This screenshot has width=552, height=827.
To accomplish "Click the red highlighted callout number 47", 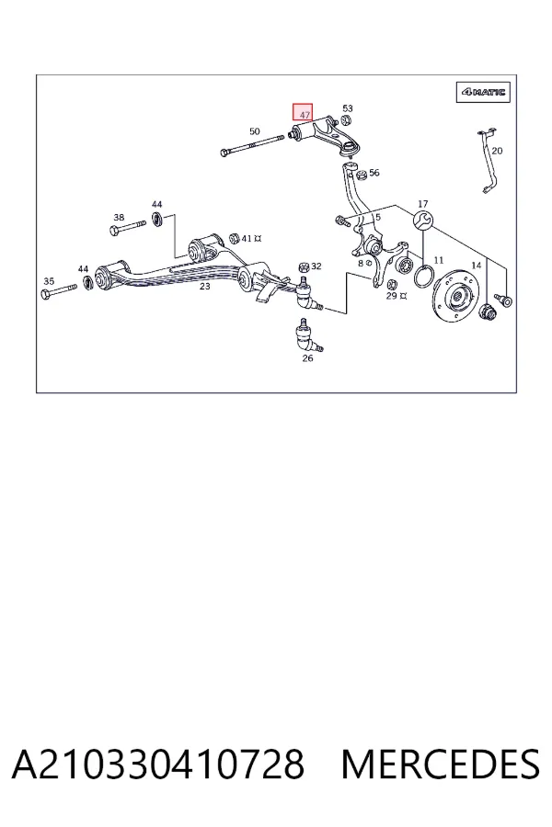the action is click(x=304, y=112).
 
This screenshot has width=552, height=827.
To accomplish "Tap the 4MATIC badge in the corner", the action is click(x=483, y=92).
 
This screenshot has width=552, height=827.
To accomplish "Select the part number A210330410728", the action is click(x=158, y=765).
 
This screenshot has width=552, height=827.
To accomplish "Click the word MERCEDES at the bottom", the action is click(x=441, y=765).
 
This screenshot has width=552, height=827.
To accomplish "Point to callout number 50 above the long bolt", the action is click(x=255, y=131).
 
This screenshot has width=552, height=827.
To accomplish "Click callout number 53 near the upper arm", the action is click(x=348, y=108).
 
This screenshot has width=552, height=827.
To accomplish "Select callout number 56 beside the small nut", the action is click(x=374, y=173).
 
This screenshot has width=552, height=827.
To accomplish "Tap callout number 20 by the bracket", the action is click(x=497, y=151).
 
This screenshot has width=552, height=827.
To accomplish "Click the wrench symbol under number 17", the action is click(x=423, y=220).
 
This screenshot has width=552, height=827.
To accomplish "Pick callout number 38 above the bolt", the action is click(x=119, y=217).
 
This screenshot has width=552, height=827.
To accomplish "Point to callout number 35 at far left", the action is click(x=49, y=281).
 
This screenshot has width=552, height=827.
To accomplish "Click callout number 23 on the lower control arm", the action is click(x=204, y=287).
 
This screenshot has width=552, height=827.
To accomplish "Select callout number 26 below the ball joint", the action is click(x=307, y=358).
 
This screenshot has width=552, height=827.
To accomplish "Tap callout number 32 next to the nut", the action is click(x=316, y=266).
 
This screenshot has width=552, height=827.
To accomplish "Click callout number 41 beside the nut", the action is click(x=247, y=238).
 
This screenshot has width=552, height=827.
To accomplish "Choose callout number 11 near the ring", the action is click(x=439, y=260).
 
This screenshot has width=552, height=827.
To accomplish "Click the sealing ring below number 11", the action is click(x=423, y=267).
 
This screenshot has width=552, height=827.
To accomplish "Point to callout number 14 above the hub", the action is click(x=477, y=266).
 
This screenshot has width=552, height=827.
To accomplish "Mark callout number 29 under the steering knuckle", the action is click(x=391, y=295).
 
